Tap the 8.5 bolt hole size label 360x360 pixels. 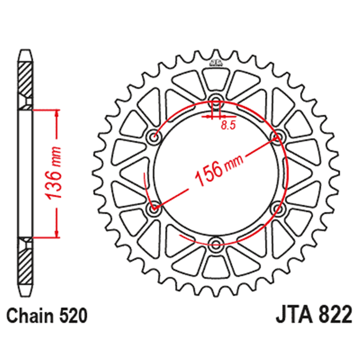click(x=228, y=126)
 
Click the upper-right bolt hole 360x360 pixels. click(x=276, y=136)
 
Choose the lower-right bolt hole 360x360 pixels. click(x=277, y=208)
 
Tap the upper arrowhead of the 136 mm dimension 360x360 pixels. click(x=57, y=112)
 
